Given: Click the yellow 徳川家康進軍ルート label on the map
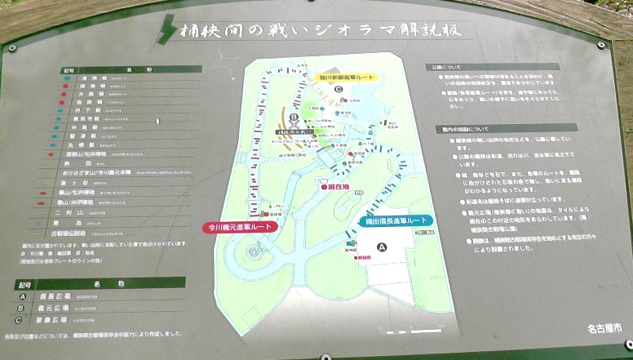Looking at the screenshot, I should pyautogui.click(x=347, y=78).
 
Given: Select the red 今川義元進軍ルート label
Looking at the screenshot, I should pyautogui.click(x=240, y=227).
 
